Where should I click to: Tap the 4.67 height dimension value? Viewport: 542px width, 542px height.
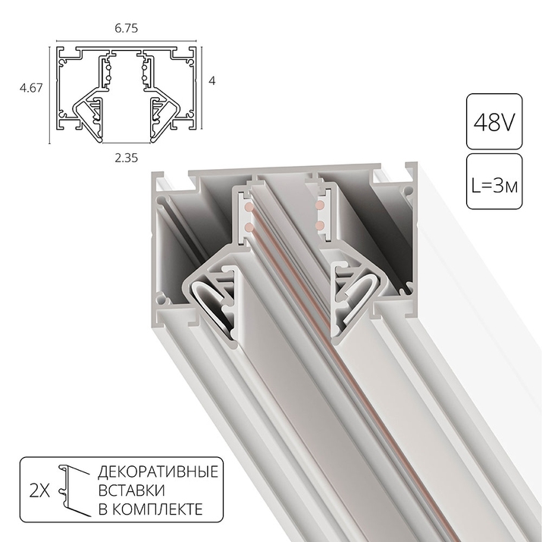click(x=30, y=89)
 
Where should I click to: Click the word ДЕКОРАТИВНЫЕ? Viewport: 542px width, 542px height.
click(x=158, y=473)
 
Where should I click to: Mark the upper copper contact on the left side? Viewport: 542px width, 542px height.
click(x=247, y=207)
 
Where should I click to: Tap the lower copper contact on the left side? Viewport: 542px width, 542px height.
click(x=248, y=226)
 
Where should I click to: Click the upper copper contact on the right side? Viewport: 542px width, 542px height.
click(x=318, y=205)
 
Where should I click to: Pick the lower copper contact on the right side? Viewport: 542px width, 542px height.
click(x=318, y=225)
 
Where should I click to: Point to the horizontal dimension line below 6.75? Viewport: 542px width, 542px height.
click(x=127, y=40)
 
